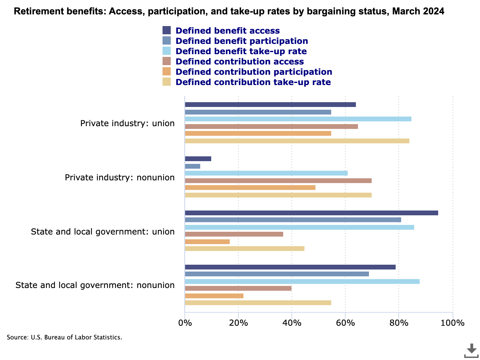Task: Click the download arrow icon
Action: click(471, 350)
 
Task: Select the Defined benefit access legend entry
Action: click(227, 31)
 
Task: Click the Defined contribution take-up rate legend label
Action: click(253, 82)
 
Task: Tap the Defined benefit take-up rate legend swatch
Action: click(167, 51)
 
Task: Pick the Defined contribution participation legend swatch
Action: click(167, 72)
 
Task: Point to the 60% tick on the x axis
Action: click(345, 323)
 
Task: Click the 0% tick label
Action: click(185, 323)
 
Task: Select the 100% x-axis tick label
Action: click(453, 323)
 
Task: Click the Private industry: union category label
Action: click(127, 123)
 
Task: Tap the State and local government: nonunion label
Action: click(95, 285)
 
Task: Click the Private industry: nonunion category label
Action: click(120, 178)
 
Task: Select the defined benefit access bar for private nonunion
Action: click(198, 159)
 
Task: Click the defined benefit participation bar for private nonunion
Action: click(192, 166)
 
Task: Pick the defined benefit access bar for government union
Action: click(311, 213)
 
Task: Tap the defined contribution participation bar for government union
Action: click(207, 242)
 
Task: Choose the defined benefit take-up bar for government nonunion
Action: click(302, 281)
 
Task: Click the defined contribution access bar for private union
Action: click(271, 127)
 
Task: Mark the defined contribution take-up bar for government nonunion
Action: click(258, 303)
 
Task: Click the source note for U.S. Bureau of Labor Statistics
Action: click(64, 337)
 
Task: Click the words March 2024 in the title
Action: click(418, 11)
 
